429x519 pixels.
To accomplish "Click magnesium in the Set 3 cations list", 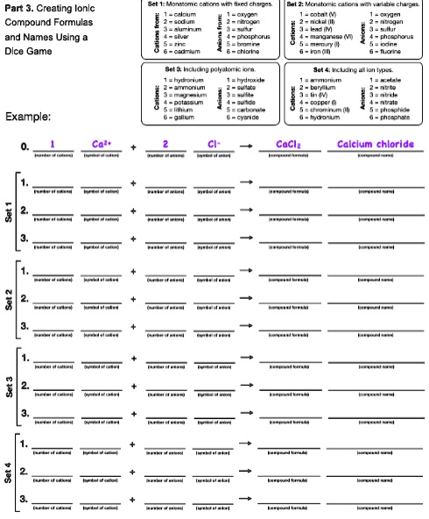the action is (x=191, y=95).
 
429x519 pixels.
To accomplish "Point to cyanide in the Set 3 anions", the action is (x=242, y=116).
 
